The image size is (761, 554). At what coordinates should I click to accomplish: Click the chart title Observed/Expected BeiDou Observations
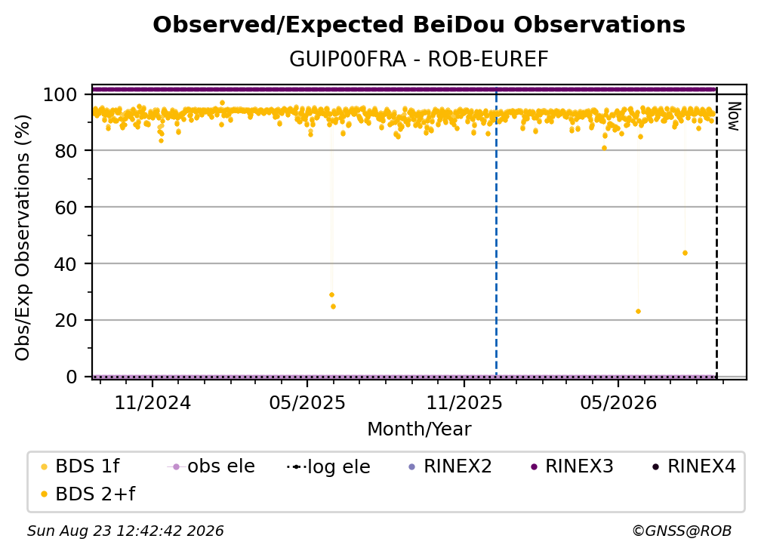click(419, 25)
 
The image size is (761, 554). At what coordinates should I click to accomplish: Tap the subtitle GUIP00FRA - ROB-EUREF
click(419, 59)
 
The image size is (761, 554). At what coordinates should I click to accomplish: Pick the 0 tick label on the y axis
click(71, 377)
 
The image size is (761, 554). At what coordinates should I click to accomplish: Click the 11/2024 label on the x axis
click(153, 402)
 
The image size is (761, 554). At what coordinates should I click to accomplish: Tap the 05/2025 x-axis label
click(307, 402)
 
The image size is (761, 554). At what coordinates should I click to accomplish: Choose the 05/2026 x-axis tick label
click(618, 402)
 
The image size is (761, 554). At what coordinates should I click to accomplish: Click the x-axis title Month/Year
click(419, 429)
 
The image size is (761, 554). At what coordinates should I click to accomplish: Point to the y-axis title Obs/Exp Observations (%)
click(23, 238)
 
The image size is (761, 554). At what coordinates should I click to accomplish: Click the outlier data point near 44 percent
click(685, 253)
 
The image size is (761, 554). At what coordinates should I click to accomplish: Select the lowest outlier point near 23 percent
click(638, 312)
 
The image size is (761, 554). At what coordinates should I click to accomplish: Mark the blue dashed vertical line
click(496, 232)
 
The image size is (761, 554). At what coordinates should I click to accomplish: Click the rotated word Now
click(733, 116)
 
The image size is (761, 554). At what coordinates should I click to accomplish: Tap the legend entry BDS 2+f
click(88, 494)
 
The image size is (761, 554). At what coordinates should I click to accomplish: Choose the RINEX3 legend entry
click(572, 466)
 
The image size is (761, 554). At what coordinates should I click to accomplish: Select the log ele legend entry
click(328, 466)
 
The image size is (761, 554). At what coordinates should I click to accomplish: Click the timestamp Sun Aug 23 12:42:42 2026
click(125, 531)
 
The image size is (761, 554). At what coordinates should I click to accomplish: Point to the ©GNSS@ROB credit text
click(682, 531)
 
